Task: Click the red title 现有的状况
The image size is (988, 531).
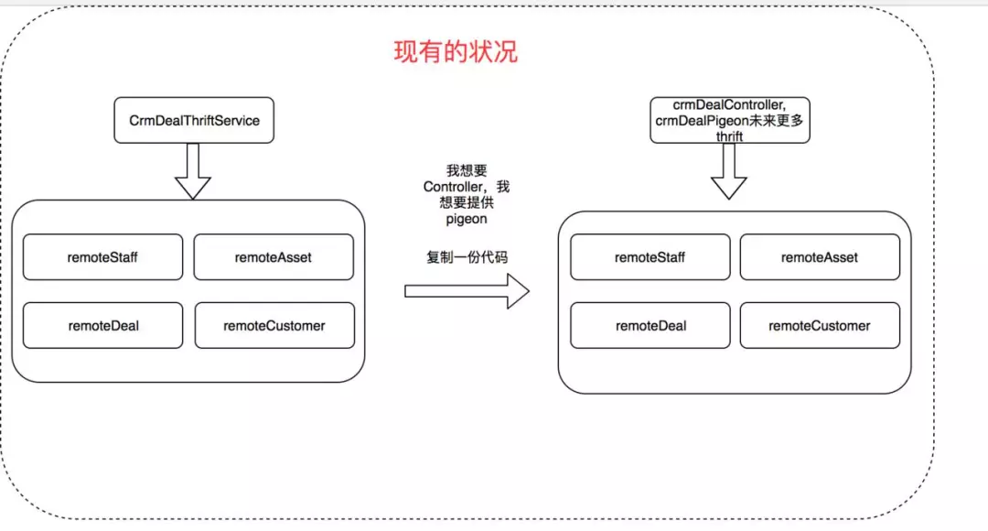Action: (456, 51)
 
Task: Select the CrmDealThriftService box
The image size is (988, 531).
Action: (194, 120)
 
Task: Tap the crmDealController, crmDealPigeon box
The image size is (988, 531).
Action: (730, 120)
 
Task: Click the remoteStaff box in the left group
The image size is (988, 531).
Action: (102, 257)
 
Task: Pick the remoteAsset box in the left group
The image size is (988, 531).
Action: (274, 257)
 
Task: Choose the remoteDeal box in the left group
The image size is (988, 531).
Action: (102, 325)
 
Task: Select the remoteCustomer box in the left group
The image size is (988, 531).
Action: (274, 325)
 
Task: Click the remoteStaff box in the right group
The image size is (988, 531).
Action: (650, 257)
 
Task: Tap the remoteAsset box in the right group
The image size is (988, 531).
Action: (820, 257)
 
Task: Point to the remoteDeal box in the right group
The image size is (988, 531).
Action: (650, 325)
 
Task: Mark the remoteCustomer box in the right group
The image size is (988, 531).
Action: (820, 325)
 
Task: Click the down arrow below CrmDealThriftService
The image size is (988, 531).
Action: (193, 171)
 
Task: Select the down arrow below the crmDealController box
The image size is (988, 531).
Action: (729, 171)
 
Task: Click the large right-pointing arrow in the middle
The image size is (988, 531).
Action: (467, 291)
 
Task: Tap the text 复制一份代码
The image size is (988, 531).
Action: (467, 257)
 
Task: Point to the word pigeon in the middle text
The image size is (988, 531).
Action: (467, 220)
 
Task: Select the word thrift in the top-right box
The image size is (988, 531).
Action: (729, 136)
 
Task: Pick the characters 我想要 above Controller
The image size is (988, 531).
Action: (467, 170)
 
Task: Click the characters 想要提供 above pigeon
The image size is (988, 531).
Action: (467, 202)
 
